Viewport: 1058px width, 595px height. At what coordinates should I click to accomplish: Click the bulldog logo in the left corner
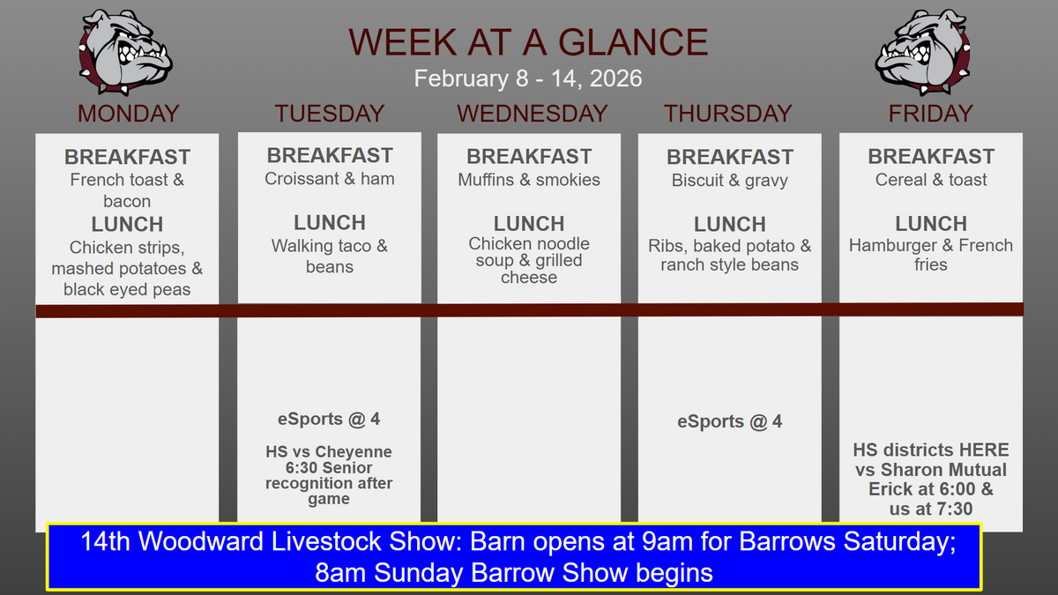(125, 52)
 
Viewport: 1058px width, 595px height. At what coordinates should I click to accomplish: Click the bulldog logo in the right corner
(922, 52)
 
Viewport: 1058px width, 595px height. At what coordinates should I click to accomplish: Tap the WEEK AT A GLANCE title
(528, 42)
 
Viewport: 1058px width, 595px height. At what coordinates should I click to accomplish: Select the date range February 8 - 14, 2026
(528, 78)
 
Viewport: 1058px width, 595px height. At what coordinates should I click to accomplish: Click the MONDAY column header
(128, 114)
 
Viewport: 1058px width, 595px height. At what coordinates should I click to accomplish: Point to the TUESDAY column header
(330, 114)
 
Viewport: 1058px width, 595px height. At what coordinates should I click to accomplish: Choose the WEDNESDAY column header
(532, 114)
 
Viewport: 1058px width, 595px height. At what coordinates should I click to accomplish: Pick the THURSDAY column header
(728, 114)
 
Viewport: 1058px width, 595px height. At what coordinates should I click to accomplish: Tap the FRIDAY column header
(930, 114)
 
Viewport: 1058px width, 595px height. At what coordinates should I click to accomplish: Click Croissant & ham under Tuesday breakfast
(330, 179)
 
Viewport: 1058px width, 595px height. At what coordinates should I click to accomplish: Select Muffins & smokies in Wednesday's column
(529, 180)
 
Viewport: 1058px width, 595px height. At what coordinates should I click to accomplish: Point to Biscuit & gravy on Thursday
(730, 181)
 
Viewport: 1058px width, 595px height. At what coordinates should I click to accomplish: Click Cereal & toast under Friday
(931, 180)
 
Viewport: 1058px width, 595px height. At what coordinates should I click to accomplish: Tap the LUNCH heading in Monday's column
(127, 224)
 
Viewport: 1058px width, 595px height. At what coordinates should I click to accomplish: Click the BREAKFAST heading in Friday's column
(931, 157)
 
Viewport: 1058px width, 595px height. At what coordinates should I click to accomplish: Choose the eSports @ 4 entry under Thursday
(730, 421)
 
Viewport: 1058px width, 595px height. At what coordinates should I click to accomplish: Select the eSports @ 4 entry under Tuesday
(329, 420)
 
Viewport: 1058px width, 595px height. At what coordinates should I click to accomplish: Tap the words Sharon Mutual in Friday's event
(943, 470)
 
